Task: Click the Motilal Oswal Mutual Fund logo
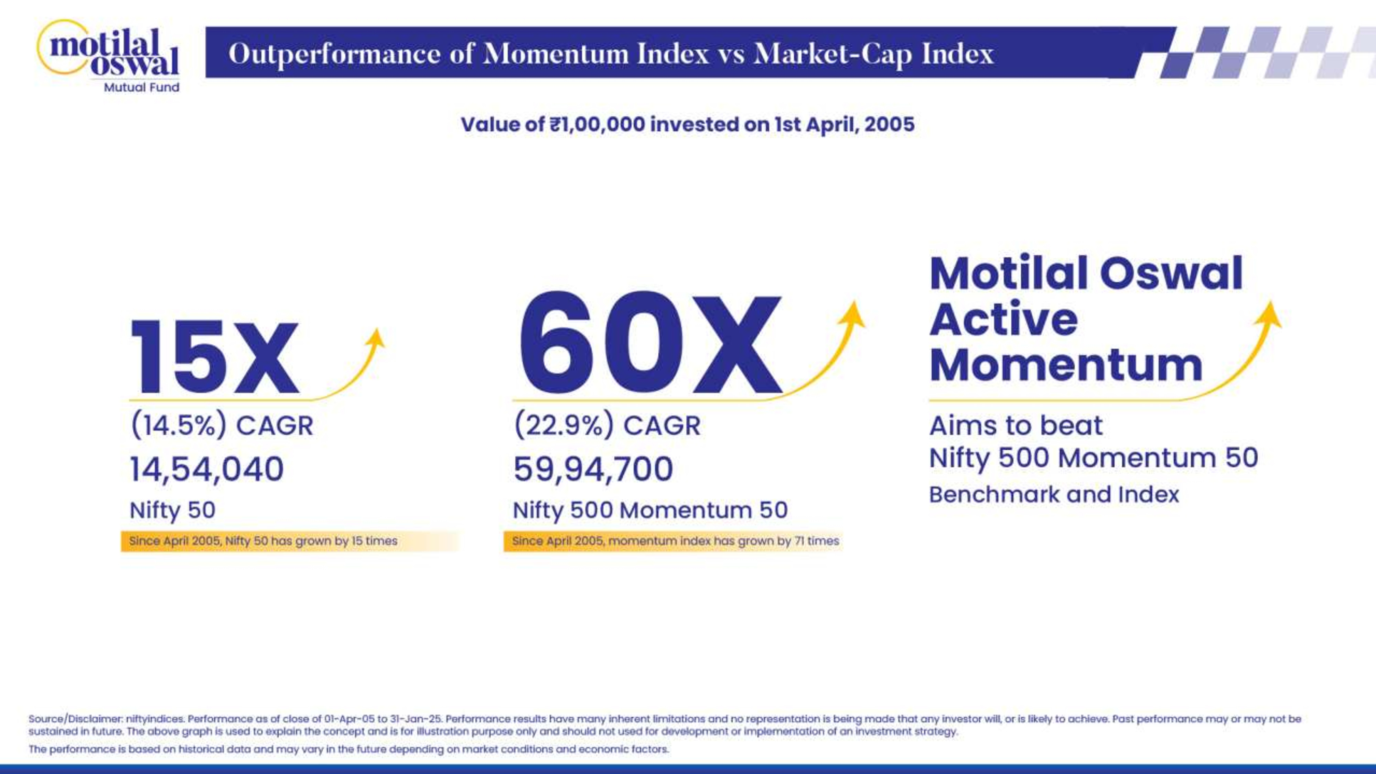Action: click(x=108, y=56)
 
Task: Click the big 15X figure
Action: click(x=214, y=357)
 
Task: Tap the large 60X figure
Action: click(x=649, y=342)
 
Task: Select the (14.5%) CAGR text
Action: click(x=222, y=426)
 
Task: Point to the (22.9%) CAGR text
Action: click(x=607, y=426)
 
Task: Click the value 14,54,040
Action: click(x=207, y=469)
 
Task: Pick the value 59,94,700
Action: click(x=593, y=469)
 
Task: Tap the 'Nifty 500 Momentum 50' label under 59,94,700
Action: click(x=650, y=510)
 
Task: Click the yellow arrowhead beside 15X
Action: click(x=376, y=338)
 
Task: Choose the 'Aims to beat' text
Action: click(x=1016, y=426)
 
